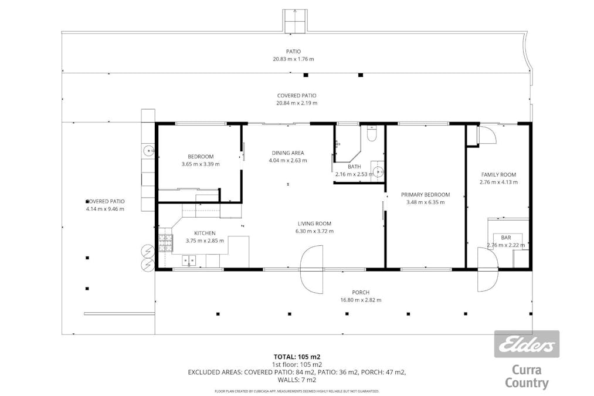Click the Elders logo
point(527,344)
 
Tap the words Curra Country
point(527,377)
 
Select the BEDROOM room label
point(201,157)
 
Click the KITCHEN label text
point(205,233)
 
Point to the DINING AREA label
point(287,153)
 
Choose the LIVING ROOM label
point(314,224)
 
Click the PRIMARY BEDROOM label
point(425,195)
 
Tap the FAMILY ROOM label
point(498,175)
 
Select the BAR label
point(505,238)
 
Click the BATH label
point(354,167)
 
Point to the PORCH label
point(361,292)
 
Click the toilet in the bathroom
point(370,134)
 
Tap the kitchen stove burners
point(165,241)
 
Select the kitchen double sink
point(188,260)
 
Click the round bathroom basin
point(378,172)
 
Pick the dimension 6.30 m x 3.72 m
point(314,231)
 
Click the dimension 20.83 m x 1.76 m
point(294,59)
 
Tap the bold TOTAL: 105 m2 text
point(297,356)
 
